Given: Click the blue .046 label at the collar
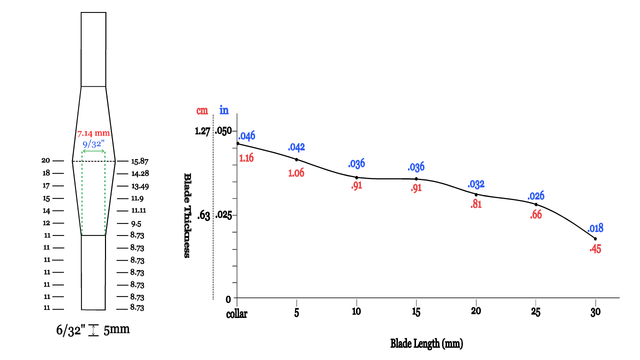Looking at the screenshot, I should click(x=247, y=136).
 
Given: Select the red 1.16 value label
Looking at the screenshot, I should click(x=246, y=158).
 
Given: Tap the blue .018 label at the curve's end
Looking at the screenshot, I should click(x=595, y=228).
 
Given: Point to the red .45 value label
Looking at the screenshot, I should click(x=595, y=249).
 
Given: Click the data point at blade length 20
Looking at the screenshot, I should click(x=476, y=194).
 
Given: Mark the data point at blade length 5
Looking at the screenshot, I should click(x=296, y=159).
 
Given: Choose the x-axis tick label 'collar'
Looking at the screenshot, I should click(x=237, y=313).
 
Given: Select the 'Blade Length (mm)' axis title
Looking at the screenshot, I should click(x=426, y=343).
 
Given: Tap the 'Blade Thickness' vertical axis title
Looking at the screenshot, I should click(x=187, y=215).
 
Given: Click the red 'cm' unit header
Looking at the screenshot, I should click(x=202, y=110).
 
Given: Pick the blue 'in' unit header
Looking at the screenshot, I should click(x=224, y=110).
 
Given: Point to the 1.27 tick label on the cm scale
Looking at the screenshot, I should click(x=203, y=131).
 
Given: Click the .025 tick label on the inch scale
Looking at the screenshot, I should click(x=223, y=215).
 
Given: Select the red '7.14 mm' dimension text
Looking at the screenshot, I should click(x=93, y=133).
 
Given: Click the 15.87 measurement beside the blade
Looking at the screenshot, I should click(x=140, y=161).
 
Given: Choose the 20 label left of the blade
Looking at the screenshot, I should click(x=46, y=160).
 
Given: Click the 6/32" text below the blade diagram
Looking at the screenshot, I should click(x=70, y=330).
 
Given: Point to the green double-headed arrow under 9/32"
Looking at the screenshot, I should click(x=93, y=151).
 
